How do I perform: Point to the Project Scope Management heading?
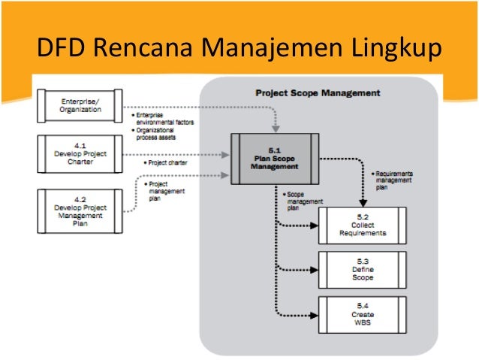(x=318, y=93)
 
